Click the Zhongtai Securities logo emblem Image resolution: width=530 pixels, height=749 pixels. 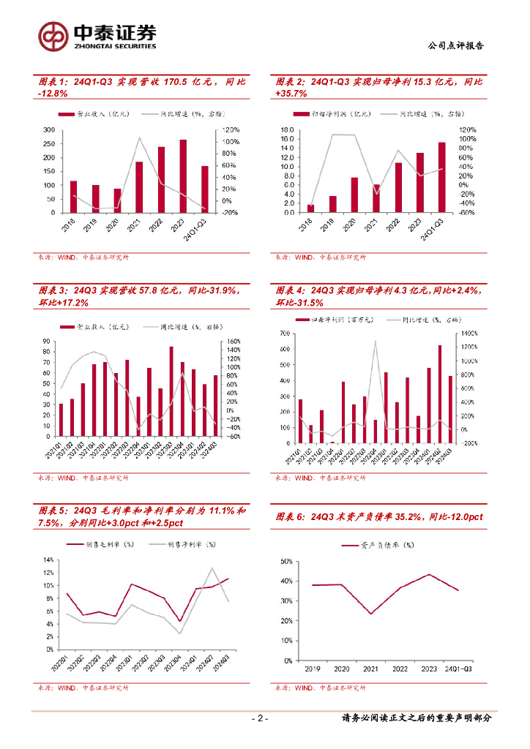coord(53,34)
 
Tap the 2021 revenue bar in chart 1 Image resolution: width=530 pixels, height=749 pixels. coord(139,187)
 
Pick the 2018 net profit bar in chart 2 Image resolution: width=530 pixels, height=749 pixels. coord(310,208)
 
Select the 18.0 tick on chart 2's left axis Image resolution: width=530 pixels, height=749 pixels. coord(288,129)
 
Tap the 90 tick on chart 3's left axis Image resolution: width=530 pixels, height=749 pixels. coord(45,342)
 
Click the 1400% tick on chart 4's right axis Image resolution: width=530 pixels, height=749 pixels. coord(469,334)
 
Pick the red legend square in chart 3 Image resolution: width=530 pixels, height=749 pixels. coord(67,327)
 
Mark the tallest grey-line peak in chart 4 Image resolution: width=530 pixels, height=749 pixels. coord(376,341)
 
